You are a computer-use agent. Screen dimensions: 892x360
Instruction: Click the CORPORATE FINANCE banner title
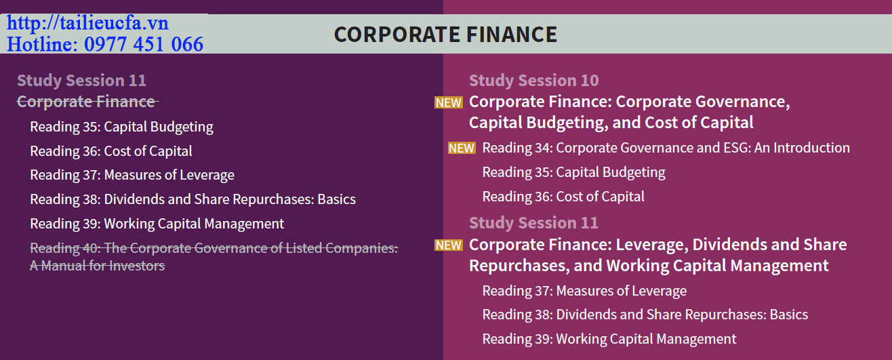tap(445, 35)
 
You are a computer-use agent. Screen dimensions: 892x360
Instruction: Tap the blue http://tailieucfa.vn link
tap(87, 23)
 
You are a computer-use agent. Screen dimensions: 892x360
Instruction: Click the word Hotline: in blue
tap(42, 44)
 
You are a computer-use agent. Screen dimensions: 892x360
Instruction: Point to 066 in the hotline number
tap(187, 44)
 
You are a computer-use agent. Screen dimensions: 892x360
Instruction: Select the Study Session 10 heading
tap(533, 81)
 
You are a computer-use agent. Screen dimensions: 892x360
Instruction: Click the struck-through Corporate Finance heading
tap(87, 102)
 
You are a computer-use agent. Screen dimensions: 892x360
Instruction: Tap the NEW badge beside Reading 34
tap(462, 148)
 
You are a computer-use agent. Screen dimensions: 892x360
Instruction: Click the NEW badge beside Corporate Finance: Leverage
tap(449, 245)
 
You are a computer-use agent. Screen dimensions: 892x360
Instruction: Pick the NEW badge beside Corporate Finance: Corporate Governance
tap(449, 102)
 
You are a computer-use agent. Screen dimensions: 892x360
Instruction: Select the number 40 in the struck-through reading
tap(92, 248)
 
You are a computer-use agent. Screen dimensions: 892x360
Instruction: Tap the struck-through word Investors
tap(137, 266)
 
